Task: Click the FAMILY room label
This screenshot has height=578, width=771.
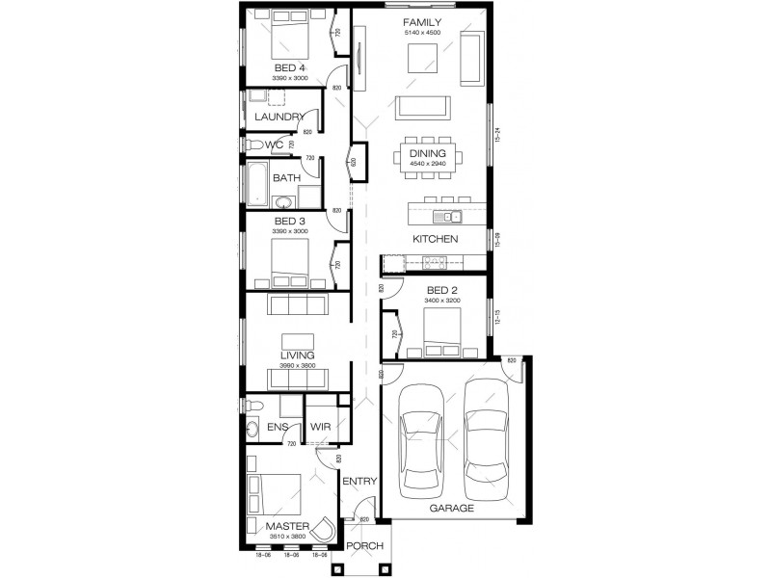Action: coord(422,22)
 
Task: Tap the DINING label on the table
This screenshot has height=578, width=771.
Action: coord(426,153)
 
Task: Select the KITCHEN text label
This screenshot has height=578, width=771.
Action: coord(435,238)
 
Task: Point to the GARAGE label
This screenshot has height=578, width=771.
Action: coord(451,508)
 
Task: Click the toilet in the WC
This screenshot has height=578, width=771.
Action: coord(253,144)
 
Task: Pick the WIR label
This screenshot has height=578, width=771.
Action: coord(320,425)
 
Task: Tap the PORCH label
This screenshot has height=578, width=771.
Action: coord(364,546)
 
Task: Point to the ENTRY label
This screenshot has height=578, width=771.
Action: coord(359,482)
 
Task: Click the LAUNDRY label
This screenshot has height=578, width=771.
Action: coord(279,118)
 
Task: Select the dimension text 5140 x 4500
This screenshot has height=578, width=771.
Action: coord(422,33)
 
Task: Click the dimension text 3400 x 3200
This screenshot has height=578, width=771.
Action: coord(441,301)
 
